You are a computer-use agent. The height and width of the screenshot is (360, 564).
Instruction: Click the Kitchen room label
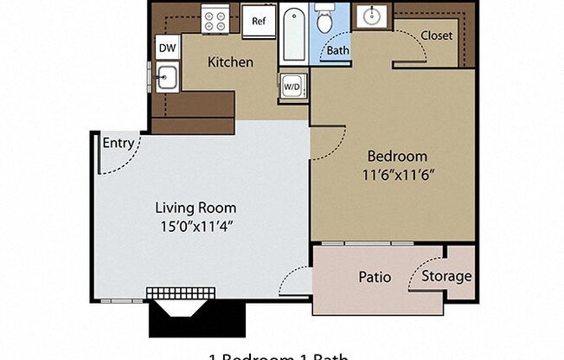click(x=230, y=62)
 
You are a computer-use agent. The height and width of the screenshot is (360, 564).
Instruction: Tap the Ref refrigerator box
click(x=258, y=21)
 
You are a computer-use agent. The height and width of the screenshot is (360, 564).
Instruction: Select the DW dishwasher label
click(x=167, y=49)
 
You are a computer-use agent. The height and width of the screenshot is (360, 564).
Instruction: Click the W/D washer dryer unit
click(x=292, y=87)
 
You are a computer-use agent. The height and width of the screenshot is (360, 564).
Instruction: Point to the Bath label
click(x=337, y=50)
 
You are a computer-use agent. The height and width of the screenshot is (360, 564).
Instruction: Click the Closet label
click(x=437, y=35)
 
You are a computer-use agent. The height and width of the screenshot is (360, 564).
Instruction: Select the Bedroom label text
click(x=397, y=157)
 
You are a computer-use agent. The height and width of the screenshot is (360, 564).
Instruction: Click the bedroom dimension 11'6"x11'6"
click(x=397, y=174)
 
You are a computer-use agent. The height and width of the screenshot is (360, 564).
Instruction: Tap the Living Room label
click(x=195, y=208)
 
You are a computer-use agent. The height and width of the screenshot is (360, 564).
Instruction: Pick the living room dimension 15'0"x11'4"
click(x=195, y=226)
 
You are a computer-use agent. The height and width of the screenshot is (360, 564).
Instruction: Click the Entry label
click(x=118, y=144)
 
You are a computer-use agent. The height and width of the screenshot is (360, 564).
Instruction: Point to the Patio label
click(x=374, y=278)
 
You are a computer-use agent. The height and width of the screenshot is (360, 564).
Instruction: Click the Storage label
click(x=446, y=276)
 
